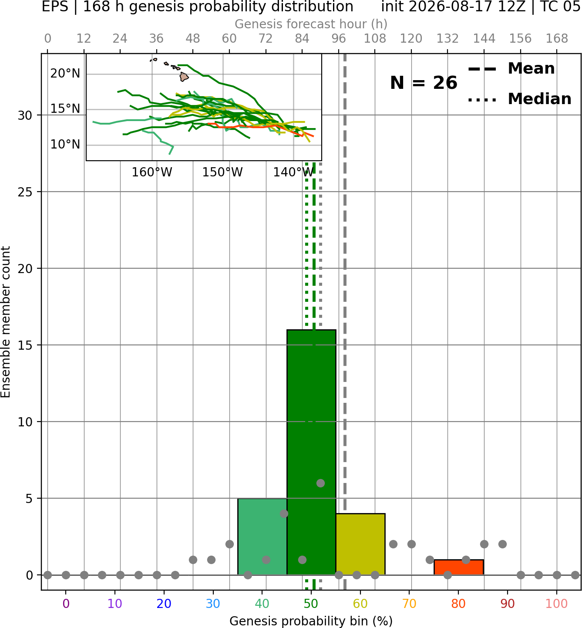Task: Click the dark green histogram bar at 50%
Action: tap(311, 452)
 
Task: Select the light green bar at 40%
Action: tap(262, 537)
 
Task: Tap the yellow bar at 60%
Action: tap(360, 544)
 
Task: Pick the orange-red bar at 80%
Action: tap(458, 567)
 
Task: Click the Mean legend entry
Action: tap(511, 69)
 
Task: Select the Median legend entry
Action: tap(519, 99)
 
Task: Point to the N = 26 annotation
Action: tap(424, 83)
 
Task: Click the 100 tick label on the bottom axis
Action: tap(557, 604)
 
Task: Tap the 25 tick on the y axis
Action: tap(25, 192)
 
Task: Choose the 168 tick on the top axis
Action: tap(557, 39)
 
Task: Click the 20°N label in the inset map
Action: tap(65, 73)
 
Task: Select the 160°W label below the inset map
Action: tap(152, 172)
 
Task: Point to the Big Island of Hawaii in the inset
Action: tap(184, 77)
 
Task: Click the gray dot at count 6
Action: tap(320, 483)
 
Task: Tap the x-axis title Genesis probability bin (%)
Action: tap(311, 621)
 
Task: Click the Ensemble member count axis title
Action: tap(5, 322)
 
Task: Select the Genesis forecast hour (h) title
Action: tap(311, 24)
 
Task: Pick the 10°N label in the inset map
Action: tap(65, 145)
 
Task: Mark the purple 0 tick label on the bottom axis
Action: tap(66, 604)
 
